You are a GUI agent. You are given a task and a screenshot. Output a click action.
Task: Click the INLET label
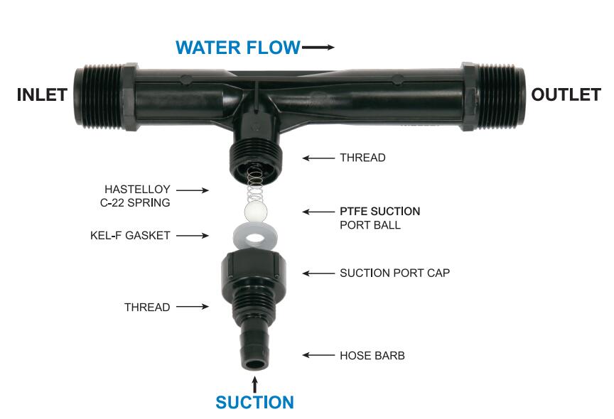click(x=43, y=94)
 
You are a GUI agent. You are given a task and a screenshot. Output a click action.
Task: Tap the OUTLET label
click(x=566, y=94)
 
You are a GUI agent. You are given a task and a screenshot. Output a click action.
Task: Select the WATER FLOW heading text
click(x=237, y=48)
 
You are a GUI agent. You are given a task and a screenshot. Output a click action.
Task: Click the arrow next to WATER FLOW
click(x=318, y=48)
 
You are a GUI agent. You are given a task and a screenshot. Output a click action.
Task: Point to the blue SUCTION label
click(x=254, y=402)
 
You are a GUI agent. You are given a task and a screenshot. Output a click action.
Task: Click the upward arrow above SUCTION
click(x=255, y=385)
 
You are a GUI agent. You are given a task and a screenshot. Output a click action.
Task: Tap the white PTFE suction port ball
click(x=256, y=212)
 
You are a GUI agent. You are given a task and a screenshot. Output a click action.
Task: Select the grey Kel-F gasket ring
click(x=255, y=236)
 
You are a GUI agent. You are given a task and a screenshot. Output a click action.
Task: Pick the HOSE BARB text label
click(x=372, y=356)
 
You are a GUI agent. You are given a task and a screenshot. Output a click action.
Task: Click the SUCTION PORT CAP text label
click(x=394, y=273)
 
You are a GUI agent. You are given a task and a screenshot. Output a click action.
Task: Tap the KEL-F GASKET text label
click(x=130, y=236)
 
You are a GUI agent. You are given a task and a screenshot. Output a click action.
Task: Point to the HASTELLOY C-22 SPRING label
click(x=135, y=196)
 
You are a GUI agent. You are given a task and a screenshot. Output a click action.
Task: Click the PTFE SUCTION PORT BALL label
click(x=379, y=218)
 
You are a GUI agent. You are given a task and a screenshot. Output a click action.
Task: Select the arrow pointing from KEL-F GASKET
click(x=193, y=236)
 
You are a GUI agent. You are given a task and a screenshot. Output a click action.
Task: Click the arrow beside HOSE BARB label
click(x=318, y=355)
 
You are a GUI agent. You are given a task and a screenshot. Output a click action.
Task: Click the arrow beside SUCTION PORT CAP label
click(x=318, y=273)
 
